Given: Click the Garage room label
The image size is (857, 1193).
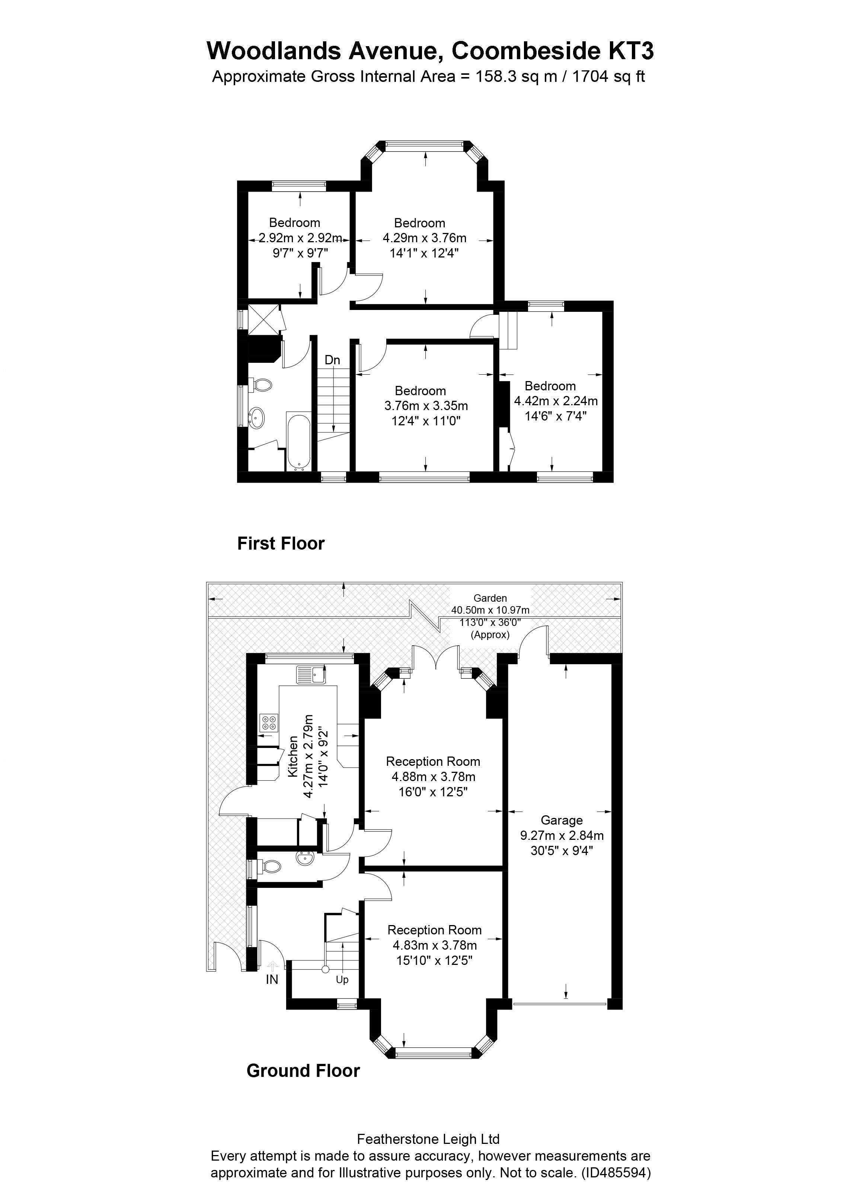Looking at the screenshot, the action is [x=561, y=820].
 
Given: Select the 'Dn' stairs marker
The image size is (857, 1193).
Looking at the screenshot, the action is [x=332, y=360].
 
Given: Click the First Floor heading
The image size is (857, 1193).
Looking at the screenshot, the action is [x=281, y=543].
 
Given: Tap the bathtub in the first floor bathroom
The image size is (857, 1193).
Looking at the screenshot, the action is [x=298, y=441].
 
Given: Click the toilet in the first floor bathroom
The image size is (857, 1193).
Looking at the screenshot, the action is [x=261, y=385].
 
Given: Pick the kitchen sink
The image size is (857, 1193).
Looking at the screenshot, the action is [x=311, y=674].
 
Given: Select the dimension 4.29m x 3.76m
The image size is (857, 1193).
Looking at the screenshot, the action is [x=425, y=238].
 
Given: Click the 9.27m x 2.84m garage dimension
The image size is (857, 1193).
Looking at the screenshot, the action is [x=562, y=835].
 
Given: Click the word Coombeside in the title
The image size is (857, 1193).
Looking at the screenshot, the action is [x=527, y=51].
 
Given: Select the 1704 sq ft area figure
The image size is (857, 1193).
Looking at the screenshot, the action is [x=608, y=77].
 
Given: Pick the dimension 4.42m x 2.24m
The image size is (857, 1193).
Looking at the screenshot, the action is [x=556, y=401].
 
